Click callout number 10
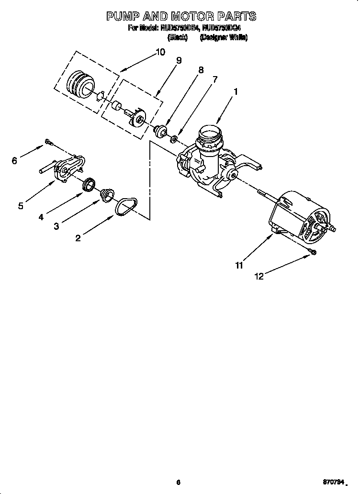coord(160,52)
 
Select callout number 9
coord(179,60)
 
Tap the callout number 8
coord(201,70)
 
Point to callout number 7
coord(215,80)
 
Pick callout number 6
coord(14,161)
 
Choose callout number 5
coord(21,206)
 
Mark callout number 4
coord(41,217)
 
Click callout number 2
coord(78,238)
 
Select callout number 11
coord(239,265)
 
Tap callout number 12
coord(259,276)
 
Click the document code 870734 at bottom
coord(333,483)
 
